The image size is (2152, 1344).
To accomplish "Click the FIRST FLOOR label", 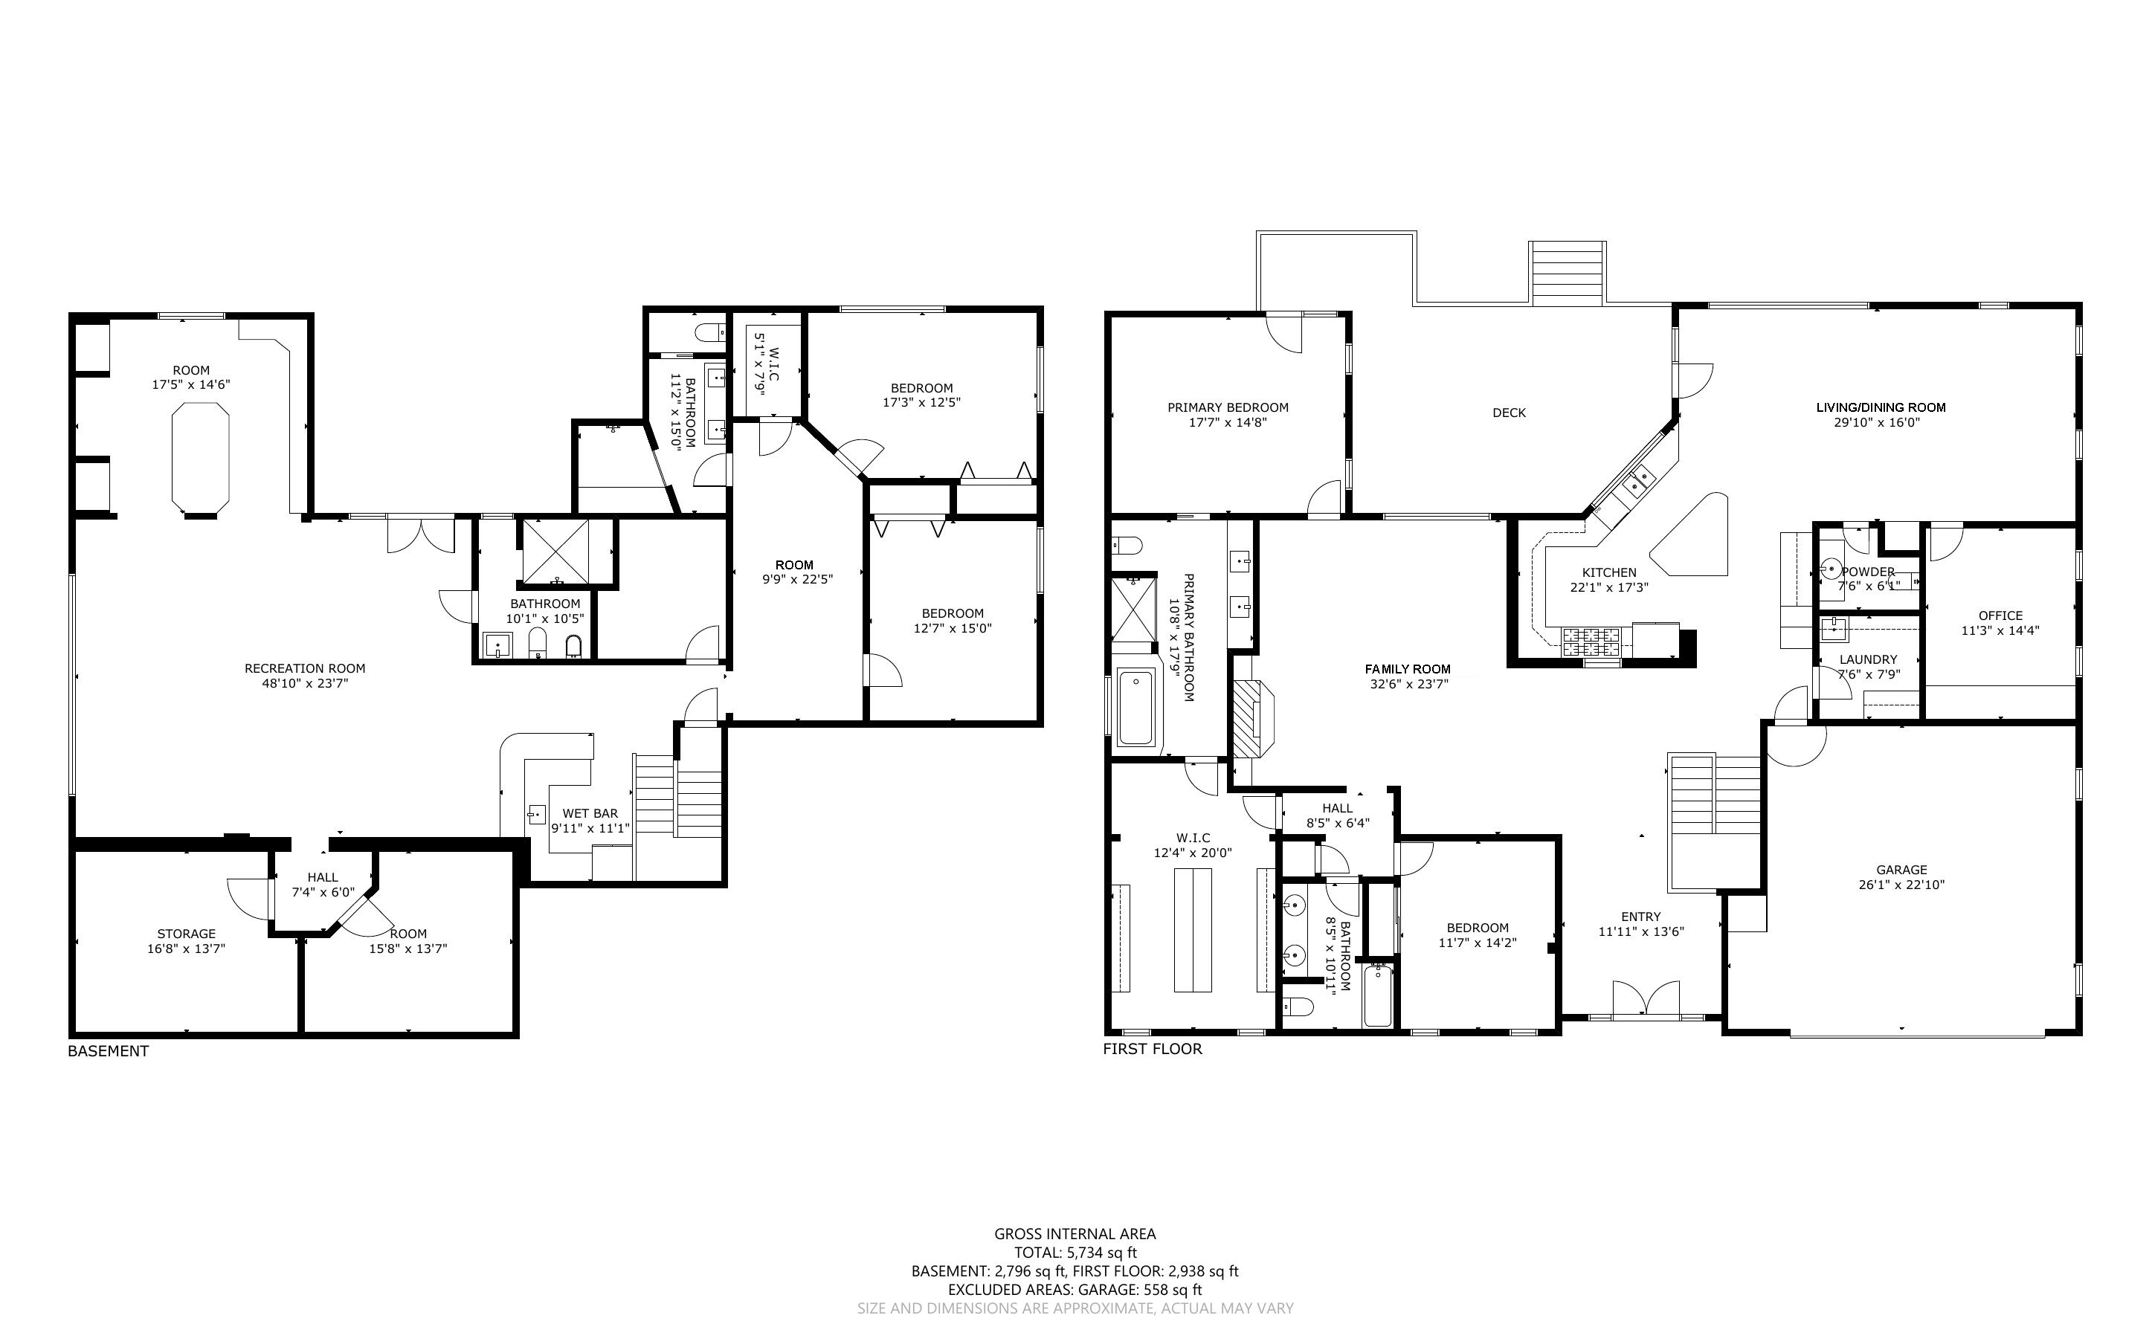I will [1152, 1049].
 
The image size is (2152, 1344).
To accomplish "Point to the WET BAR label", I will [590, 812].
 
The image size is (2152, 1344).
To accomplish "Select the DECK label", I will [1509, 413].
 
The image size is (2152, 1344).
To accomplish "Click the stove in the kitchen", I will [1591, 636].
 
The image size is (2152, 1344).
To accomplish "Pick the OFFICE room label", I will [2000, 615].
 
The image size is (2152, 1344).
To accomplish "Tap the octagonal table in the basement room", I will [199, 459].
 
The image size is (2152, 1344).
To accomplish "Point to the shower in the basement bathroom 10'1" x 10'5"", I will [555, 553].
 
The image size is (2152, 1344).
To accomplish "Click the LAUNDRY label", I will [1867, 659].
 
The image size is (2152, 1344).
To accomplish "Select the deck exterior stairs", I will [1567, 274].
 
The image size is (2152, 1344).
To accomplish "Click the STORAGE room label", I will [187, 934].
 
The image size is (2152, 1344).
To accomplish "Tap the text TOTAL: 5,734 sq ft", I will [1075, 1253].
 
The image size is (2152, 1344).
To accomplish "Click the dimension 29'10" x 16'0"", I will [1880, 422].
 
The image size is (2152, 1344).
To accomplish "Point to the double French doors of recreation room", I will [420, 533].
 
